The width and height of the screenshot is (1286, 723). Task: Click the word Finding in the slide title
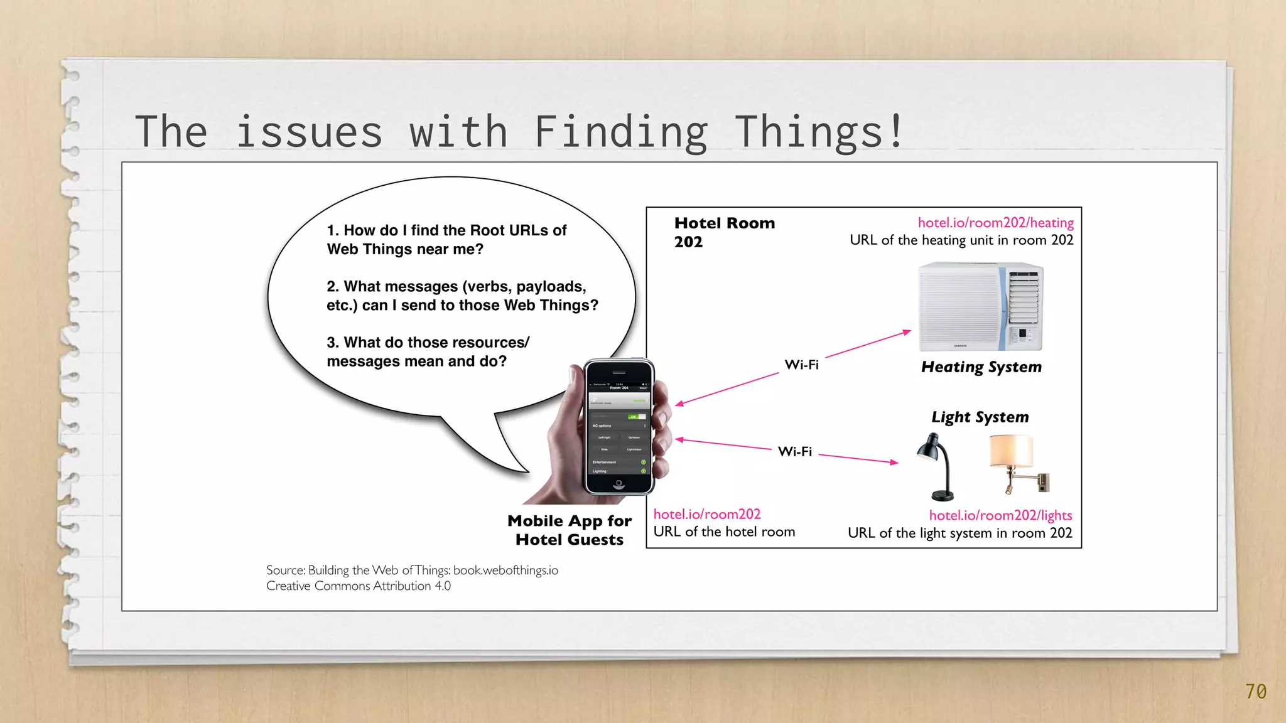click(620, 132)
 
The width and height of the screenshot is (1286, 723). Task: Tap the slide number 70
click(1256, 692)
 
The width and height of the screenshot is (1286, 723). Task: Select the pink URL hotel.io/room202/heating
click(995, 223)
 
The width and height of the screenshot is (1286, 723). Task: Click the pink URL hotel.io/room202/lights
click(1000, 515)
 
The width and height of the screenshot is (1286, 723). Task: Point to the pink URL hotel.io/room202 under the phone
click(707, 514)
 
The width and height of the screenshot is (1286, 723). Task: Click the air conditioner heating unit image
click(980, 306)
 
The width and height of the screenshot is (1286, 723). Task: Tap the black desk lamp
click(936, 466)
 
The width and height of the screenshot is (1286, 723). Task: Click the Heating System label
click(981, 367)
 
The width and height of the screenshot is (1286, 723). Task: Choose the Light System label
click(980, 417)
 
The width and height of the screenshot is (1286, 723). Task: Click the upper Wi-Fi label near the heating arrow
click(801, 365)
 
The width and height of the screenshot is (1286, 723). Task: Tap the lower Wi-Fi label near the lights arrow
click(794, 451)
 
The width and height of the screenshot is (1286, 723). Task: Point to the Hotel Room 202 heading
click(724, 232)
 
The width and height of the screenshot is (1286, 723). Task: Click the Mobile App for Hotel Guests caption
click(569, 530)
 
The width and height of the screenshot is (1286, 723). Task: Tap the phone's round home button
click(619, 483)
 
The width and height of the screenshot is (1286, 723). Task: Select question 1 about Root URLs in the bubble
click(446, 240)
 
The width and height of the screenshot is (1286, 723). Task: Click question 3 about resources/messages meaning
click(427, 351)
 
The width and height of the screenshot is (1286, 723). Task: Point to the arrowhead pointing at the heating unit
click(907, 331)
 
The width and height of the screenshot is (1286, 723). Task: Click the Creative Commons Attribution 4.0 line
click(358, 586)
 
